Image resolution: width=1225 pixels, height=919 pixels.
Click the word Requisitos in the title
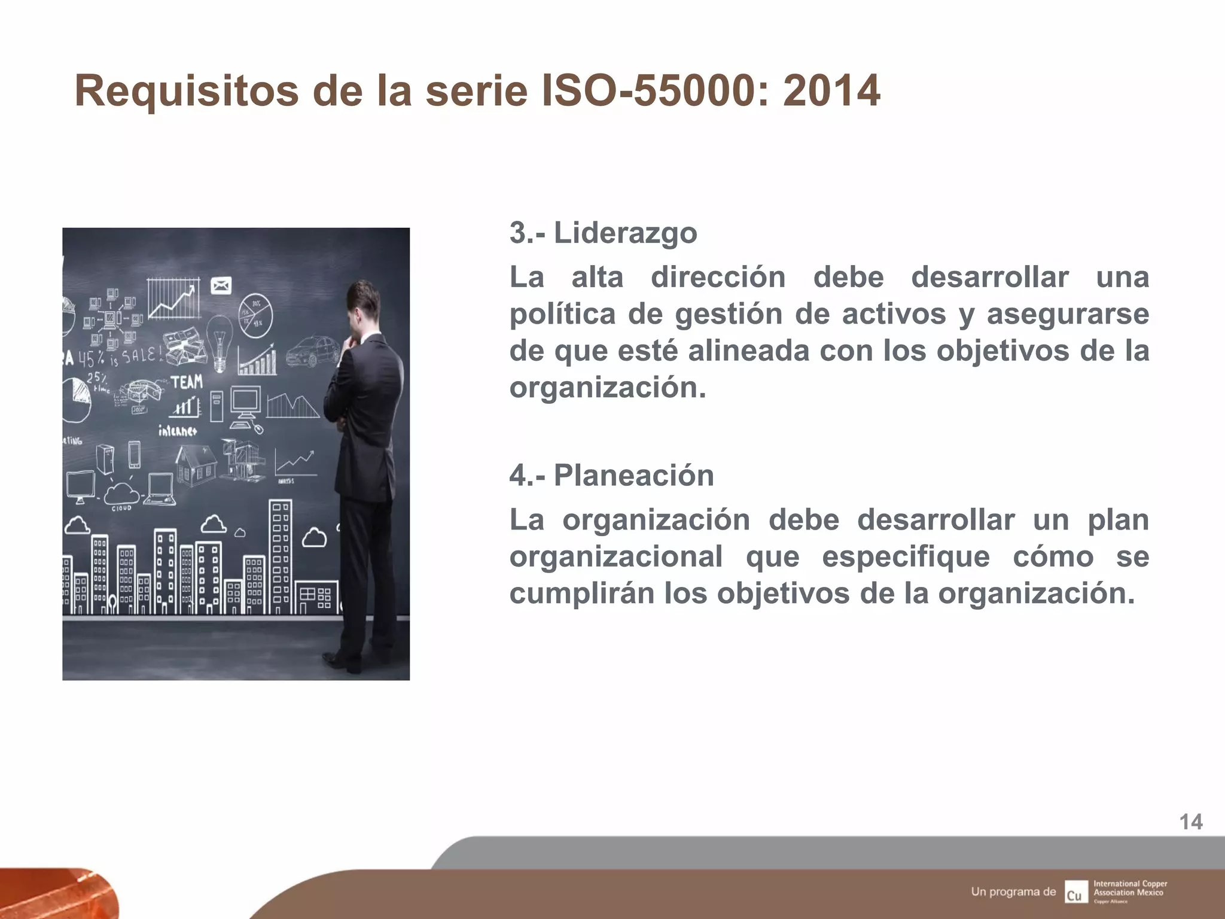tap(186, 92)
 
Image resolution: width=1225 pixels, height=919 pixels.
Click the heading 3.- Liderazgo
tap(603, 233)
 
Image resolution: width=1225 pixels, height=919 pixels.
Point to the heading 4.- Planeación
tap(611, 476)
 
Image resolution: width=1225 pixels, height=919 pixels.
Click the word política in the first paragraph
tap(562, 314)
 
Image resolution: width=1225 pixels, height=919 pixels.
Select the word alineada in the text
tap(748, 351)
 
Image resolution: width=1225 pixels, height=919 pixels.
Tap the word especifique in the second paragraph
tap(906, 557)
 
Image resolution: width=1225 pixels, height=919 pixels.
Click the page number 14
tap(1190, 822)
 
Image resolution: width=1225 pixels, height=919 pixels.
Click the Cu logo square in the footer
tap(1075, 892)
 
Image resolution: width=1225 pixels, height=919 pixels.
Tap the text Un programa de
tap(1013, 891)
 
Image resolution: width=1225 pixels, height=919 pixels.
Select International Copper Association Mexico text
tap(1130, 888)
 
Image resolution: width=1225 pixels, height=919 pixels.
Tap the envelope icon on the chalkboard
tap(221, 286)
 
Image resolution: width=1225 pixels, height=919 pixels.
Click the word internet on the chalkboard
tap(178, 430)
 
